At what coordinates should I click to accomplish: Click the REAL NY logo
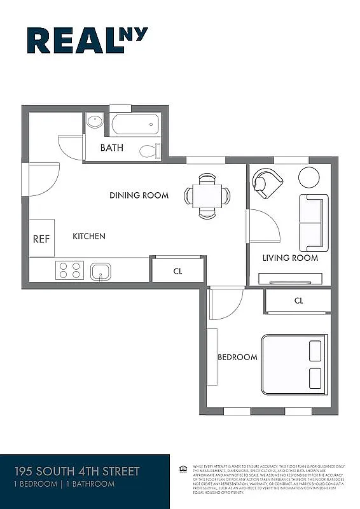coord(87,40)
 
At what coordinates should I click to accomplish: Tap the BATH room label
coord(112,148)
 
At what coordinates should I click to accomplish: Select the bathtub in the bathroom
coord(135,124)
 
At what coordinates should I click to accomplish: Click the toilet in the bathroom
coord(149,151)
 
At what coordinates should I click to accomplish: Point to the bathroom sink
coord(95,121)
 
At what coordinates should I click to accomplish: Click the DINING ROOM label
coord(139,195)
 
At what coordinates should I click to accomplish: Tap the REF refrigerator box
coord(41,239)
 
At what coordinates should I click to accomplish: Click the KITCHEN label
coord(89,236)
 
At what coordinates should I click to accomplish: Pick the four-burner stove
coord(70,270)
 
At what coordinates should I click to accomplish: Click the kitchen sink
coord(100,272)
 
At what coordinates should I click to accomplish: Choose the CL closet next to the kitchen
coord(177,270)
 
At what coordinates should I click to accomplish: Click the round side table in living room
coord(309,177)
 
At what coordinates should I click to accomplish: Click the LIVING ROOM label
coord(290,258)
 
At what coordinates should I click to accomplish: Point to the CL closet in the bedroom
coord(298,300)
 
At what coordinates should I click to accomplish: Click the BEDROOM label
coord(237,357)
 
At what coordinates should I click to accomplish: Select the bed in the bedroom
coord(294,365)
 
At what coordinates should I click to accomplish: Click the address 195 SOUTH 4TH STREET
coord(77,471)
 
